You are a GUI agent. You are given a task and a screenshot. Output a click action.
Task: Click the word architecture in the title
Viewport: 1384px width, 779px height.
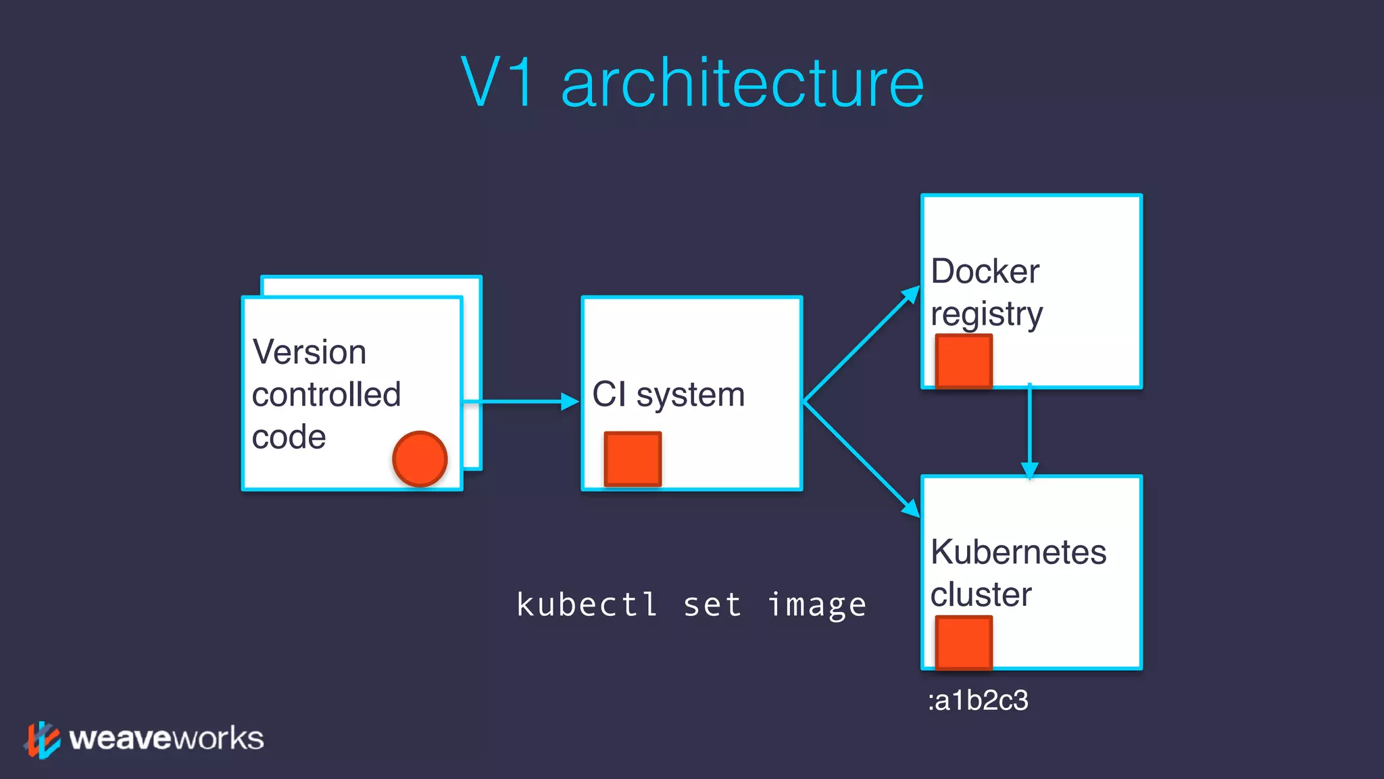point(742,84)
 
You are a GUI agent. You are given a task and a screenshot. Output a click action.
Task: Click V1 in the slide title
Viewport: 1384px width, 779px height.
point(498,82)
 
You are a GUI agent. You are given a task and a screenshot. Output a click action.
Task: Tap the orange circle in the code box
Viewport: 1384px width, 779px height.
point(420,459)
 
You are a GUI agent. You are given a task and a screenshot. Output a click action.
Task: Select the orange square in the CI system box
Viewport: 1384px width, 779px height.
point(633,459)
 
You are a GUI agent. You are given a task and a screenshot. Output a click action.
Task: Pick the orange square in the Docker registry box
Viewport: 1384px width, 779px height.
point(964,361)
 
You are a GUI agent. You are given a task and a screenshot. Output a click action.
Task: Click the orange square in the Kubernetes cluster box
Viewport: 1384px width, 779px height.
point(964,642)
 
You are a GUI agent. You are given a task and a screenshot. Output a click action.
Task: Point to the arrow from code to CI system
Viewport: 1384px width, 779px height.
point(520,402)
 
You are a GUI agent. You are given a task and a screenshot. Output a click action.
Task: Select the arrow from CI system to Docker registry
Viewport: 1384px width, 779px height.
point(861,345)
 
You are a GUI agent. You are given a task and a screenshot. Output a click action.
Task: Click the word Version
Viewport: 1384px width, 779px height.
point(309,352)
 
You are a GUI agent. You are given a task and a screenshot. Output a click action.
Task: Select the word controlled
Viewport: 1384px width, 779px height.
point(326,395)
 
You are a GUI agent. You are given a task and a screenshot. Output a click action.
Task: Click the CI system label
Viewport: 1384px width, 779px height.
point(668,395)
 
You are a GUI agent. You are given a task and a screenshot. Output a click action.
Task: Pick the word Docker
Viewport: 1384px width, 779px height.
point(985,272)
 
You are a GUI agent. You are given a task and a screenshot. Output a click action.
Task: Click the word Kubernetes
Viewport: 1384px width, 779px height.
point(1018,552)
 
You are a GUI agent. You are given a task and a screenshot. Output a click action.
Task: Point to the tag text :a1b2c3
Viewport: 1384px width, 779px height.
point(978,701)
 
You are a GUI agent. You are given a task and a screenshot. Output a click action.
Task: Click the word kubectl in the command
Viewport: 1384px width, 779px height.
point(587,605)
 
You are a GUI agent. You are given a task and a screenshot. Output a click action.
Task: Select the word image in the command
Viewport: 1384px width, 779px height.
point(816,605)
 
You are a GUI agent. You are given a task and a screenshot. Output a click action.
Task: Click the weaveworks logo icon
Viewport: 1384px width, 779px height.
point(43,739)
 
